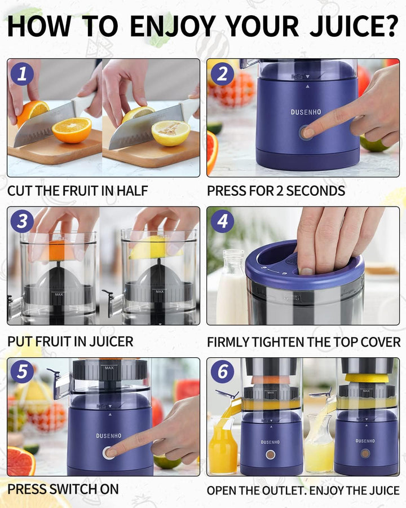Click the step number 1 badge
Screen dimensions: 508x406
coord(22,74)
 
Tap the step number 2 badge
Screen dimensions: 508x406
coord(222,74)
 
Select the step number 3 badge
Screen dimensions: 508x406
coord(22,221)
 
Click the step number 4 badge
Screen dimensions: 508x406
coord(222,221)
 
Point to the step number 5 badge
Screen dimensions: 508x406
coord(22,371)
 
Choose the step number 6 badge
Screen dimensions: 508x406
coord(222,371)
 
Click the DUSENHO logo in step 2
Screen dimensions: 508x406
coord(306,112)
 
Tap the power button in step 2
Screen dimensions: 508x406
coord(306,133)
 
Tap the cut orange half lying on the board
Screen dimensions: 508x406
coord(72,130)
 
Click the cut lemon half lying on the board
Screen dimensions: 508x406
coord(170,133)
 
